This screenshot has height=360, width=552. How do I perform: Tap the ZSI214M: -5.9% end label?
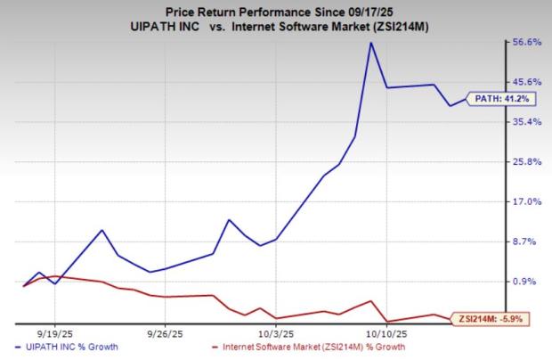[491, 316]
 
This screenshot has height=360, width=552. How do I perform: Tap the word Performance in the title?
[269, 11]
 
